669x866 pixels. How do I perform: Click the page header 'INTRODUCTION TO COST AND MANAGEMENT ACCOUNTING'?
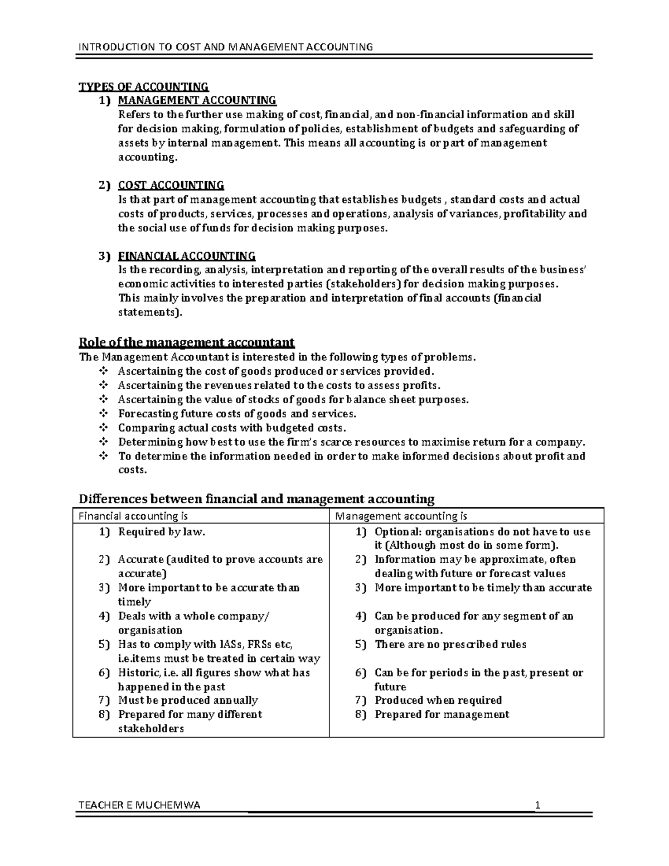click(x=225, y=46)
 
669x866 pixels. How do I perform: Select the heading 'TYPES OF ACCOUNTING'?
click(x=144, y=86)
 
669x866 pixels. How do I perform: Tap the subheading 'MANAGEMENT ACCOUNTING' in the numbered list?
click(x=197, y=100)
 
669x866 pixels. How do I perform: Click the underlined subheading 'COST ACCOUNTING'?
click(x=171, y=185)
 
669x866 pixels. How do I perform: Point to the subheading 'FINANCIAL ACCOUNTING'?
click(x=187, y=256)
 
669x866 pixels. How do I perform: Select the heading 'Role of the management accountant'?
click(x=187, y=342)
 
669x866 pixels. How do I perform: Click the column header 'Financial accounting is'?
click(x=129, y=516)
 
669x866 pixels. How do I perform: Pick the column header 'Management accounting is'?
click(x=401, y=516)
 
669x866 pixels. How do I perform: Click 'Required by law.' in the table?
click(x=162, y=532)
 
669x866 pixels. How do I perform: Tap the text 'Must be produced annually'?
click(x=188, y=700)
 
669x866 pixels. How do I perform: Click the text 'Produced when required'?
click(x=438, y=700)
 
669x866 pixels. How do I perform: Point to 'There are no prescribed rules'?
click(x=450, y=645)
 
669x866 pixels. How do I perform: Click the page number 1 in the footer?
click(x=537, y=805)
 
